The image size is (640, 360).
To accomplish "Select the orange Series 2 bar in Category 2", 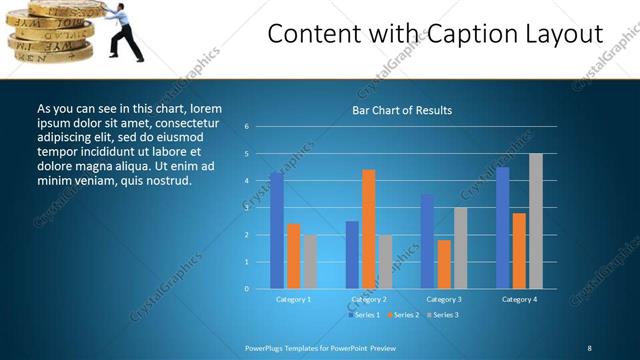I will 369,229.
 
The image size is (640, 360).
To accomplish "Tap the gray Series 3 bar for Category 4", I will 536,221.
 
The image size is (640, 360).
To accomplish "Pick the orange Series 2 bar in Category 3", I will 444,264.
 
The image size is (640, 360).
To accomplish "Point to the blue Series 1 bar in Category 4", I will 503,228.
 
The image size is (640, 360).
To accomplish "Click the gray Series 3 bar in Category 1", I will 310,262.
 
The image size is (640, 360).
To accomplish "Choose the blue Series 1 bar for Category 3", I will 427,241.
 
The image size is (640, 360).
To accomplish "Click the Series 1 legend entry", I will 363,315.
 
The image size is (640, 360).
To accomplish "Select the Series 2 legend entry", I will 402,315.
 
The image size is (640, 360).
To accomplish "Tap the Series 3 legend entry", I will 441,315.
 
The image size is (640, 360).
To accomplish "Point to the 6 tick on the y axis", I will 246,127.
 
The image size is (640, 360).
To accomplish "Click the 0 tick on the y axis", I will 246,289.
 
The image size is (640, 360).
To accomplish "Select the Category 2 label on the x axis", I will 369,300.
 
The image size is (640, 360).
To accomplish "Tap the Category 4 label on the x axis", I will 519,300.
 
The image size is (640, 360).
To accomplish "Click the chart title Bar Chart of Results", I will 402,110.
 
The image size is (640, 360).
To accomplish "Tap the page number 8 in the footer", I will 589,347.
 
